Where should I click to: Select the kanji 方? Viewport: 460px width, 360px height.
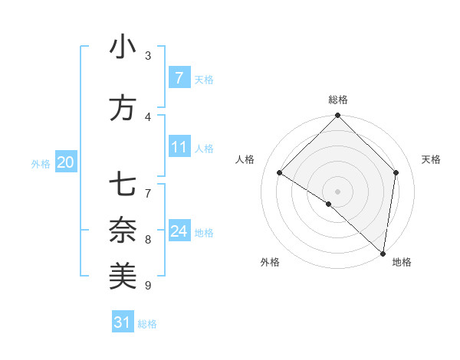(x=123, y=109)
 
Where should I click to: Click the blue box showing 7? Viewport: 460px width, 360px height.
(x=179, y=78)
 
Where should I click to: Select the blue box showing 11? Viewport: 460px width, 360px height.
(x=179, y=147)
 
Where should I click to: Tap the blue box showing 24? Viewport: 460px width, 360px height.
(x=179, y=231)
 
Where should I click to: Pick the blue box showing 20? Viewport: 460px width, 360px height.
(x=66, y=162)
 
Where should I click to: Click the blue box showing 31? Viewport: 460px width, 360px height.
(x=123, y=322)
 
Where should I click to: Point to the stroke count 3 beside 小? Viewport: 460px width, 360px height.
(x=148, y=55)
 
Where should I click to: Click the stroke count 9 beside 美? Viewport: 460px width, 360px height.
(x=148, y=286)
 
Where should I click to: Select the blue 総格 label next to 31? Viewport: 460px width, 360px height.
(x=147, y=324)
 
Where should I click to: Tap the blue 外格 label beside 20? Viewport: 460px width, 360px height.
(x=41, y=163)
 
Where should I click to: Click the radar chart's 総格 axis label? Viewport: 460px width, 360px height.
(x=337, y=100)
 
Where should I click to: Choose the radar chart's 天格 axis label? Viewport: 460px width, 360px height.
(x=432, y=159)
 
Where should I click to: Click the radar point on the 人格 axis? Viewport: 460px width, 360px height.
(x=280, y=173)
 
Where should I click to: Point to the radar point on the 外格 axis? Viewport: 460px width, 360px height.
(x=328, y=204)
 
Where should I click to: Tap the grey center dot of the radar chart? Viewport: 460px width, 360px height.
(x=337, y=191)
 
